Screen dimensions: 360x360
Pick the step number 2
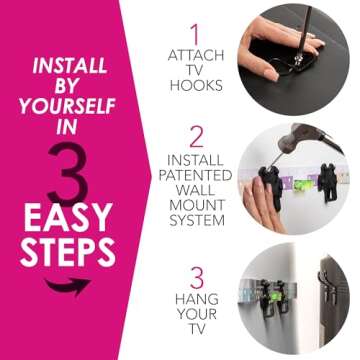(195, 138)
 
